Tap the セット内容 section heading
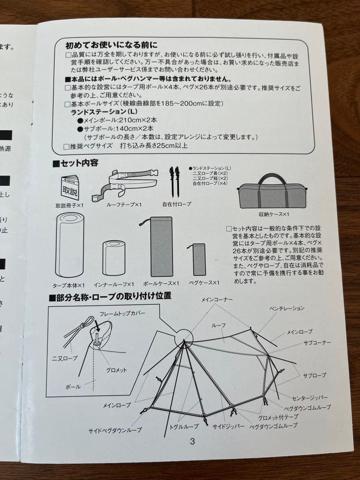76,163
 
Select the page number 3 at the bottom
192,441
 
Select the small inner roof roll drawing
114,258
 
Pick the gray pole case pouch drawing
161,246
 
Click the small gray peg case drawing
199,259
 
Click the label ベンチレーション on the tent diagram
287,308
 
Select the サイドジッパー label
228,426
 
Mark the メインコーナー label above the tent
216,300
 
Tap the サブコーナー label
317,343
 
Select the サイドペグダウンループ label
115,430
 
